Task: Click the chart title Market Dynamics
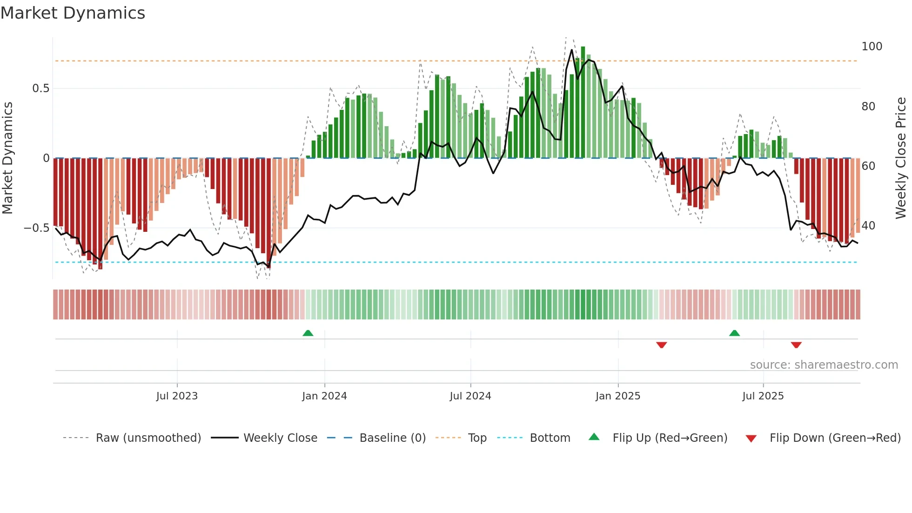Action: point(73,13)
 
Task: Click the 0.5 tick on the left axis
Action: point(40,88)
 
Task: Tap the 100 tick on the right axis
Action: point(872,47)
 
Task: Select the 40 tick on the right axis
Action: point(868,226)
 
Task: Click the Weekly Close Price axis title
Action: point(901,158)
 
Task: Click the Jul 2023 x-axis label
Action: point(177,396)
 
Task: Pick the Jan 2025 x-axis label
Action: point(618,396)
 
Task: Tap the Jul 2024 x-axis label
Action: point(470,396)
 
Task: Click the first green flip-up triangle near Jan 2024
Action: point(308,333)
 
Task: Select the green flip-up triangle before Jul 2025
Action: point(734,333)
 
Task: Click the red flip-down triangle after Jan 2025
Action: point(661,345)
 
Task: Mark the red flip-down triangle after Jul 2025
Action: point(796,345)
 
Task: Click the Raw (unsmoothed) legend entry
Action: point(148,438)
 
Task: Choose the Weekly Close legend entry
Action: point(280,438)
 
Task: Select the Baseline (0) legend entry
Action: point(392,438)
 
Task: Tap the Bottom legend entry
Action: point(550,438)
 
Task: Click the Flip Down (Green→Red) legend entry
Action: point(835,438)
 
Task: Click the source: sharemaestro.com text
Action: point(824,365)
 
